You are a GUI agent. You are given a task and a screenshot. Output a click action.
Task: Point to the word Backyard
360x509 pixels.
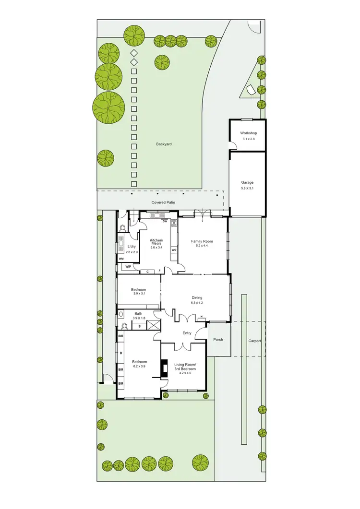tap(164, 144)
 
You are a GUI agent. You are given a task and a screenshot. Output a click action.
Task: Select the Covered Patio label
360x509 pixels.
tap(163, 202)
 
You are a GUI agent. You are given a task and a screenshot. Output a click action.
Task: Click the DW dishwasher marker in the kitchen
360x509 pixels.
tap(165, 222)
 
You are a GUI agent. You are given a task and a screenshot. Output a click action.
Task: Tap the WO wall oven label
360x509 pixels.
tap(174, 250)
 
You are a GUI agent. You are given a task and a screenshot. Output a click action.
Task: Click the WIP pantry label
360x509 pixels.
tap(128, 266)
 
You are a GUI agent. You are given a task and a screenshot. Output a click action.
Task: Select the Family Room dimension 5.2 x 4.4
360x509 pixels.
tap(202, 246)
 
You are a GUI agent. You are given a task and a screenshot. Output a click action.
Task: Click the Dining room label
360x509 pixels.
tap(197, 297)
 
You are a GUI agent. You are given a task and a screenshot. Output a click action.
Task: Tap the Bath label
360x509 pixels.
tap(138, 313)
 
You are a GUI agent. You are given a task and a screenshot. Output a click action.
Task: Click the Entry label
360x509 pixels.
tap(187, 333)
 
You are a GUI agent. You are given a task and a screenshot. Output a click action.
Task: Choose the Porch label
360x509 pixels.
tap(218, 340)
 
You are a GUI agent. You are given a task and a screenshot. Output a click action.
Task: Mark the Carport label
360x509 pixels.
tap(254, 341)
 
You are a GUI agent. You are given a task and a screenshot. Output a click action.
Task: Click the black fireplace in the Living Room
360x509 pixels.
tap(165, 368)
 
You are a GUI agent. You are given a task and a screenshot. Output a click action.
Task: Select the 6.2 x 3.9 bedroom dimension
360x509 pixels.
tap(139, 366)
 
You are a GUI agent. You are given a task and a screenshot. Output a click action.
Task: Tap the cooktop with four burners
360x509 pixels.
tap(174, 223)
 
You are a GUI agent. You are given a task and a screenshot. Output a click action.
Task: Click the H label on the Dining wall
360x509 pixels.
tap(202, 317)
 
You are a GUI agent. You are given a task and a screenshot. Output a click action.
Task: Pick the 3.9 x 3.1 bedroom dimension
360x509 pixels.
tap(139, 294)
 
